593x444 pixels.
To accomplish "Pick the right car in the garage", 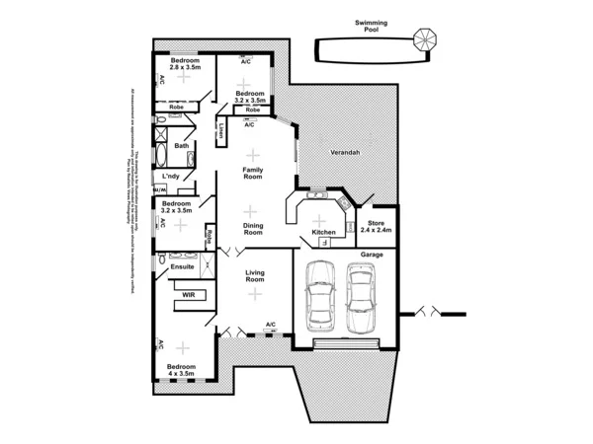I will (x=360, y=297).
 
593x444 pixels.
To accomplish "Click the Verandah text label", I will (x=343, y=154).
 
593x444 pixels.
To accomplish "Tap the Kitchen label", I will (x=324, y=233).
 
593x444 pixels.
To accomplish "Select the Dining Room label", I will (x=253, y=228).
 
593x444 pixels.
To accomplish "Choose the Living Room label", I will (x=255, y=279).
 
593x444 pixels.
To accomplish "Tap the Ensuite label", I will (x=182, y=266).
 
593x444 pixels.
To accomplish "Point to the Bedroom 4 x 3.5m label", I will (x=181, y=370).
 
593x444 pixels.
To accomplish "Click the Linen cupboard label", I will (x=222, y=131).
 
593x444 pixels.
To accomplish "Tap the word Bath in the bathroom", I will (x=182, y=146).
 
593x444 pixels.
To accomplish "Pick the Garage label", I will (x=372, y=254).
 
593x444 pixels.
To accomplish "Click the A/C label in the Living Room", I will (x=270, y=324).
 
